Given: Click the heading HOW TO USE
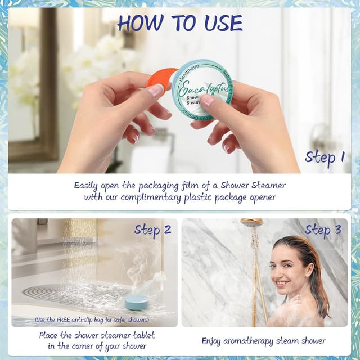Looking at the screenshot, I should coord(180,23).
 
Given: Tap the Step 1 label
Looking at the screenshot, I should coord(325,157).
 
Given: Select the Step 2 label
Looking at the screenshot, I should coord(152,229).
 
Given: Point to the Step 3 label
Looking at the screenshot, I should coord(323,229).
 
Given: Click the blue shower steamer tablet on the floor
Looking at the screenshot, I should coord(137,301).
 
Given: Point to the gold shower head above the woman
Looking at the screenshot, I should coord(251,222).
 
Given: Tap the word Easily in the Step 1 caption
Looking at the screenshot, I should coord(88,184).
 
